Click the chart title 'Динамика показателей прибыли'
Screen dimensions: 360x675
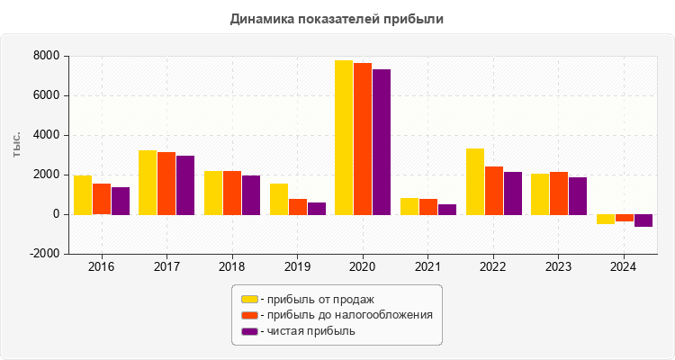[x=337, y=18]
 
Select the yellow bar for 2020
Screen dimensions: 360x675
[x=344, y=137]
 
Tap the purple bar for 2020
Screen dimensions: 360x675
[x=382, y=141]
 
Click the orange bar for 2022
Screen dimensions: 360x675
[x=493, y=190]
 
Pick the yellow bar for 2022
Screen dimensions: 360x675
[x=474, y=181]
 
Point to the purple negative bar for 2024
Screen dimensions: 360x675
[x=643, y=220]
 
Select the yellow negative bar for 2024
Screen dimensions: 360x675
[x=605, y=219]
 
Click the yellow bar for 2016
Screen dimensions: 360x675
[x=83, y=194]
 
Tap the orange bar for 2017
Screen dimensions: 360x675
[x=166, y=183]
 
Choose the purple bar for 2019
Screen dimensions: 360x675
[x=316, y=208]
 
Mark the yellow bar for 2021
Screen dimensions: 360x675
[x=409, y=206]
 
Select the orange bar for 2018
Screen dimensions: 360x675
[x=232, y=193]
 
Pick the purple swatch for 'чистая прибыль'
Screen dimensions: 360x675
[x=249, y=331]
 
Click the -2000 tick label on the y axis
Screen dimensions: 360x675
[x=44, y=254]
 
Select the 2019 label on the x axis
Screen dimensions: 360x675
[x=297, y=266]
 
